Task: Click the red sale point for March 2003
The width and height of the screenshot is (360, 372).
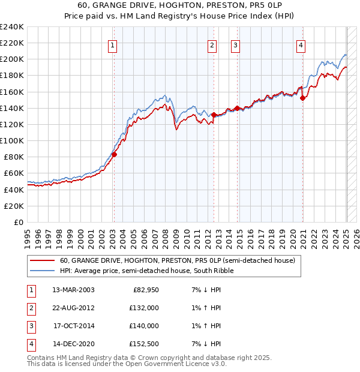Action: pos(114,154)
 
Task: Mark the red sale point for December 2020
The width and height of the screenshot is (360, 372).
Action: pos(303,98)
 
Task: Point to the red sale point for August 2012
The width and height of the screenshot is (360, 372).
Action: pos(214,114)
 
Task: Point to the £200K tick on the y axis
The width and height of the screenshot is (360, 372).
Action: pos(12,59)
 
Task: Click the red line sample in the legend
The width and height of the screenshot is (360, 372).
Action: pos(42,261)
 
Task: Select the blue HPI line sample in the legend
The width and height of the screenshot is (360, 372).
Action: pos(42,271)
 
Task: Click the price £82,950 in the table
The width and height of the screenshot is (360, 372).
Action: pos(145,290)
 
